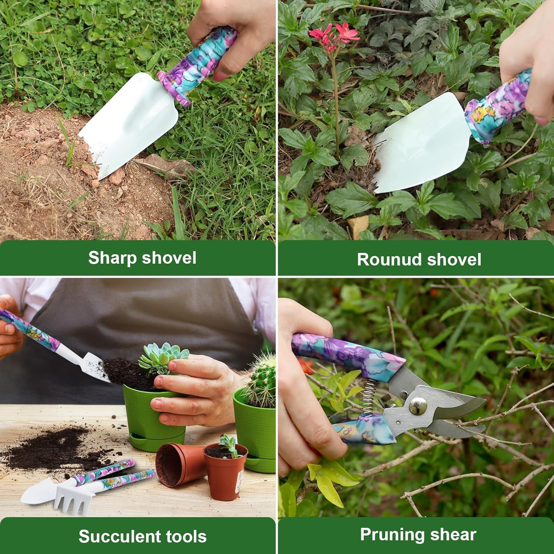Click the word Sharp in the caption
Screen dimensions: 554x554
click(112, 258)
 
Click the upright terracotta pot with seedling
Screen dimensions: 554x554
click(225, 471)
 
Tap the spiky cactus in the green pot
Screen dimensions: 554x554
click(262, 377)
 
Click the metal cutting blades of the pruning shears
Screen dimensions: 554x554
click(454, 410)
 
